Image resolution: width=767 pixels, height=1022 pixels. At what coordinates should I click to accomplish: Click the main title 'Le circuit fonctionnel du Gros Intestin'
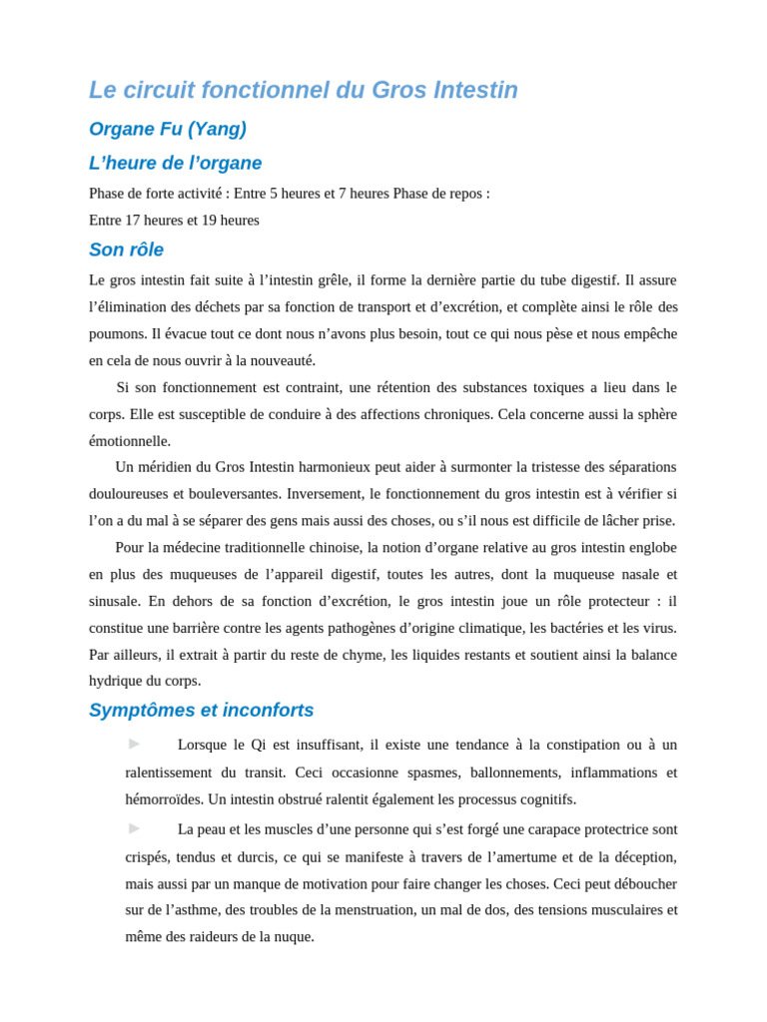[303, 91]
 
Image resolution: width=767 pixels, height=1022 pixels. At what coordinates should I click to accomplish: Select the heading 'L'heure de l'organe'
[175, 164]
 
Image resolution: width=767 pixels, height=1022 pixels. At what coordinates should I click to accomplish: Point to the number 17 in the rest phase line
[134, 221]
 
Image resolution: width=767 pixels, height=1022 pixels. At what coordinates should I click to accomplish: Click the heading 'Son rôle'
[126, 251]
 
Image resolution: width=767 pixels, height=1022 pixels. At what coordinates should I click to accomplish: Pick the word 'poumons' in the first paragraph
[117, 334]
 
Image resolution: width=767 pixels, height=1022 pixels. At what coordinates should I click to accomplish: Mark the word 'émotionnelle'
[129, 441]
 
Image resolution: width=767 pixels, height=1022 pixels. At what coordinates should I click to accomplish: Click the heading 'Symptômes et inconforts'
[201, 711]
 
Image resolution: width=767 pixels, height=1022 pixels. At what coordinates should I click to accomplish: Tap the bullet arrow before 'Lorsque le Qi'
[134, 744]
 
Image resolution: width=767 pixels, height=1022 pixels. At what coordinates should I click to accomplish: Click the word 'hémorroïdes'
[164, 799]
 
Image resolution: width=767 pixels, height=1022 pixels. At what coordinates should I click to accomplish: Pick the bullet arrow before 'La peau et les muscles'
[134, 828]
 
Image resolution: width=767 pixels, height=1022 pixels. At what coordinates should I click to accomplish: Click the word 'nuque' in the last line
[294, 937]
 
